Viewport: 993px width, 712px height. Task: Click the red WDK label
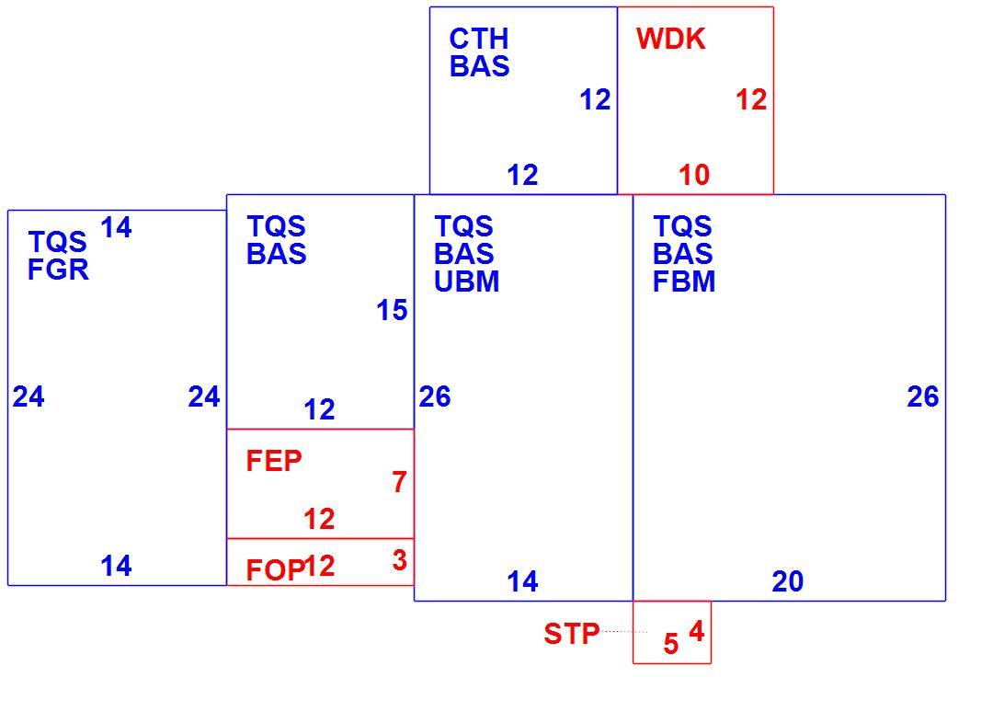pos(670,39)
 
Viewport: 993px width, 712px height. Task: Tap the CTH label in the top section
pos(479,39)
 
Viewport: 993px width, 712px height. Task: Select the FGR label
pos(58,270)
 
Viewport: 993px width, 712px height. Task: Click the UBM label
pos(467,281)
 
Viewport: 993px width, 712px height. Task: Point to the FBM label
pos(684,281)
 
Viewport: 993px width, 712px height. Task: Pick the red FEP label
pos(274,461)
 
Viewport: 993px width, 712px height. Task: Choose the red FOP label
pos(275,570)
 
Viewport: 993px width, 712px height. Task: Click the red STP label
pos(572,634)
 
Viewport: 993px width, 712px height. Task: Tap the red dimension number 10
pos(694,175)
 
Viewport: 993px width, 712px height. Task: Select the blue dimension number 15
pos(392,310)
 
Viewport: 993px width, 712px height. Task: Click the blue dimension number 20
pos(788,580)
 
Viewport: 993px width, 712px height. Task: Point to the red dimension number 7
pos(399,482)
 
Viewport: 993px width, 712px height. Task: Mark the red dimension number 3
pos(400,560)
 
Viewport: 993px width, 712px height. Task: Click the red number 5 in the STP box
pos(671,644)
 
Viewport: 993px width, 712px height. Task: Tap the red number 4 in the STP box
pos(697,631)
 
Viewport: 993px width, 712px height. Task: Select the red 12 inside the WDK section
pos(752,99)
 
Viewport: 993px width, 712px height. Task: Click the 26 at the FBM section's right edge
pos(923,396)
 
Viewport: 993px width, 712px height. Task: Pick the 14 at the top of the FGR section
pos(117,227)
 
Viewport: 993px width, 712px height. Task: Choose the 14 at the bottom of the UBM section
pos(522,580)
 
